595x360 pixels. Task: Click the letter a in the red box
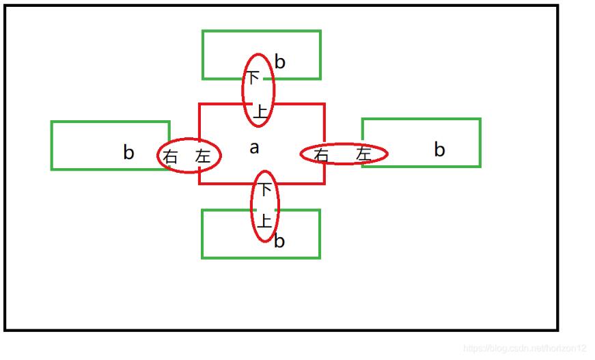pos(254,148)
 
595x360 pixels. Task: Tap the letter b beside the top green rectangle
pos(279,62)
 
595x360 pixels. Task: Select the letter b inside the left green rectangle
pos(128,152)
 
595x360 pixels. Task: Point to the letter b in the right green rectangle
pos(439,150)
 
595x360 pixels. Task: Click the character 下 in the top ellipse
pos(253,78)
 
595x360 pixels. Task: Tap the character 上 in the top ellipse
pos(260,111)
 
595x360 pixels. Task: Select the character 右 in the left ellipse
pos(170,156)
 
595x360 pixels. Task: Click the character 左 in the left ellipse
pos(203,155)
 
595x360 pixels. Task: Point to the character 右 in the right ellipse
pos(321,155)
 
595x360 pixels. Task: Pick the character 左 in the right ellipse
pos(363,154)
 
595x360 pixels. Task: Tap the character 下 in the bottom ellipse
pos(265,189)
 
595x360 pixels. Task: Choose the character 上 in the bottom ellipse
pos(264,221)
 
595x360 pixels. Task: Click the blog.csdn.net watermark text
pos(525,348)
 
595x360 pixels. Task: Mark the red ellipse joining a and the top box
pos(259,90)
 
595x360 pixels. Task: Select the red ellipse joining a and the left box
pos(189,156)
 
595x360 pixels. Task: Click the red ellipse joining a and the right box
pos(344,154)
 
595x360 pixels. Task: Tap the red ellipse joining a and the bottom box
pos(265,206)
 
